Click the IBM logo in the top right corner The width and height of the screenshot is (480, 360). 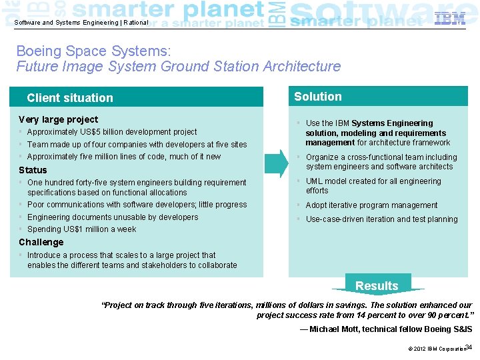click(x=450, y=19)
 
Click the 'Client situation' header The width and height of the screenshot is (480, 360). click(x=70, y=98)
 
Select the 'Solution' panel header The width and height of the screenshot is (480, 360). click(x=318, y=97)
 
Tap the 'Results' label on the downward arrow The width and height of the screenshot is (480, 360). click(x=377, y=286)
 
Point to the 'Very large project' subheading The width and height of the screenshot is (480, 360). click(x=59, y=119)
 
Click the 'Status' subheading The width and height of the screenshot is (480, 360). click(x=33, y=170)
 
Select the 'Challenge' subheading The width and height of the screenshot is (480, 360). click(x=41, y=242)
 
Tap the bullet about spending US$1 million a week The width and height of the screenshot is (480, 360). click(x=81, y=229)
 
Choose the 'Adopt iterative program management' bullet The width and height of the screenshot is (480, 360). click(x=371, y=205)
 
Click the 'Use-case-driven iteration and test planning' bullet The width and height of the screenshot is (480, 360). click(x=381, y=219)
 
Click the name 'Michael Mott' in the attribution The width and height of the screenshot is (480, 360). click(x=339, y=329)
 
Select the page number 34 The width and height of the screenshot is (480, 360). click(x=468, y=347)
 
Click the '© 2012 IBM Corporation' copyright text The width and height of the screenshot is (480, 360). click(x=436, y=349)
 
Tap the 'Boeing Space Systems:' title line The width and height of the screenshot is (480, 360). click(x=93, y=51)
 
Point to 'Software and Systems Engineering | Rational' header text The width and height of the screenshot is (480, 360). click(x=81, y=22)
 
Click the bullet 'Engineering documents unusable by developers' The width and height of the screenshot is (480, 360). click(x=113, y=217)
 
